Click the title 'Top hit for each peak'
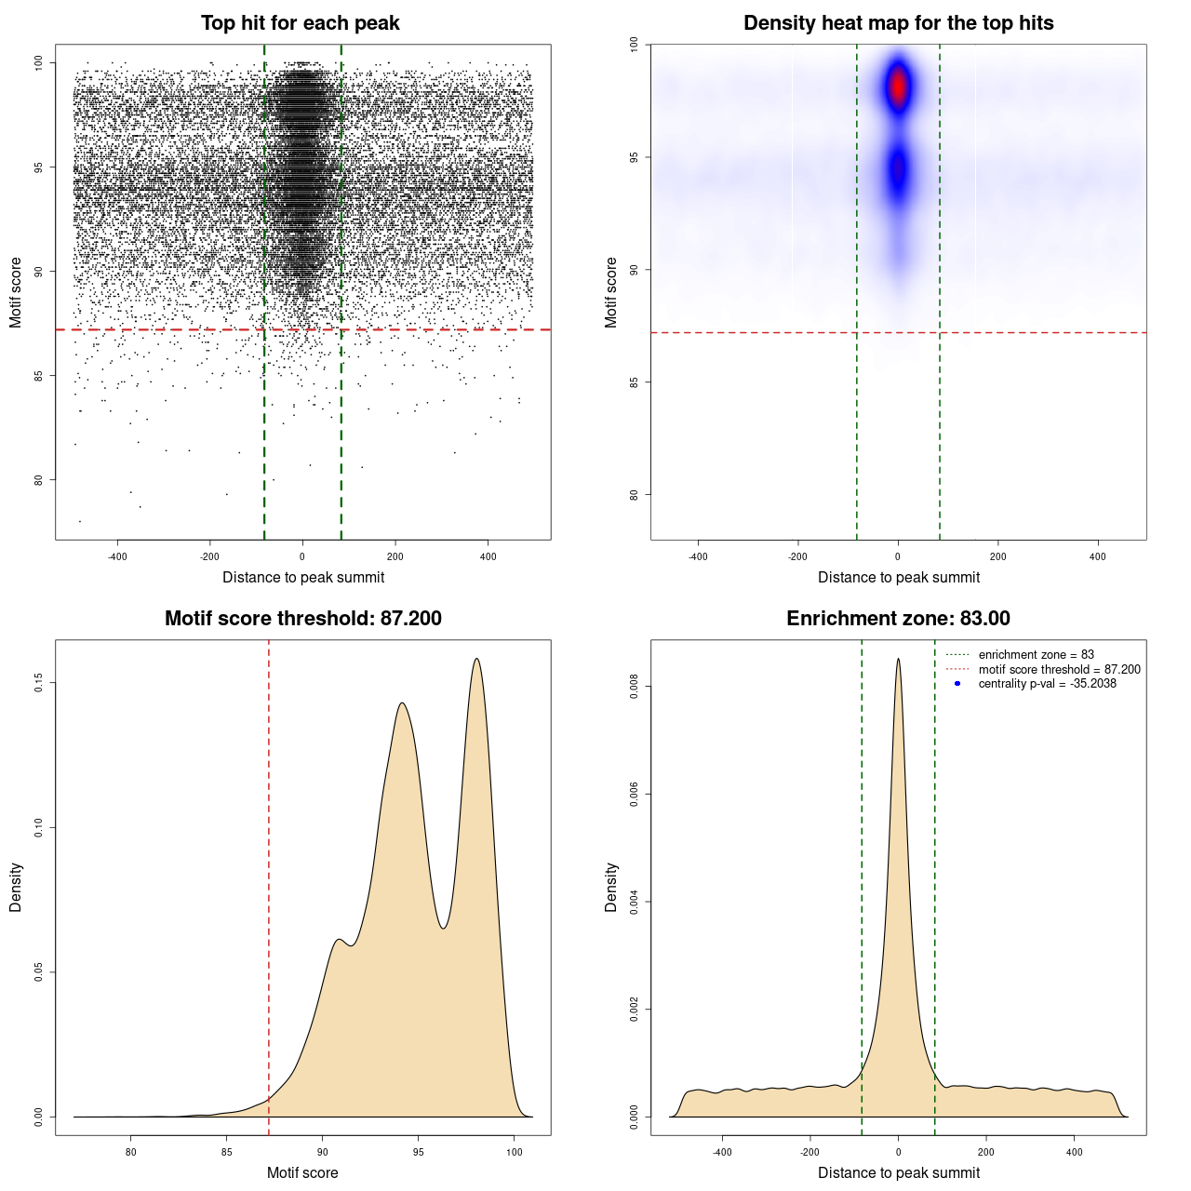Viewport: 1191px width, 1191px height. pos(300,23)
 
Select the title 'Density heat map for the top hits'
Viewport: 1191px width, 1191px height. pos(898,23)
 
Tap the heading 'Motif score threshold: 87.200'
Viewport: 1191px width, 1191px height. pos(302,619)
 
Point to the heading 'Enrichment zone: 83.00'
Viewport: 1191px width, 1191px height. pos(898,619)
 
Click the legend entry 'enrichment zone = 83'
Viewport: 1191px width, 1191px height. pos(1036,655)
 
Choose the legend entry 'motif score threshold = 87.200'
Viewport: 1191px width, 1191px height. pos(1059,670)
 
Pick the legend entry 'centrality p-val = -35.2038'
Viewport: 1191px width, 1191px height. pos(1047,684)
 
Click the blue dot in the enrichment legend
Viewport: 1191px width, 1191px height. pos(957,684)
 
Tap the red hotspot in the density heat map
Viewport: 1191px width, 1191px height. pos(898,87)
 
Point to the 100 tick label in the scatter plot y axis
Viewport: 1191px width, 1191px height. pos(39,62)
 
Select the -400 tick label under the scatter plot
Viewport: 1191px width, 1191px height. pos(117,556)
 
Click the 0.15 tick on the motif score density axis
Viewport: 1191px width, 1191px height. pos(39,683)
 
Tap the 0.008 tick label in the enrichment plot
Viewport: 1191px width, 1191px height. pos(635,687)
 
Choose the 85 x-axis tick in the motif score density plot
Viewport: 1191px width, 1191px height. pos(226,1152)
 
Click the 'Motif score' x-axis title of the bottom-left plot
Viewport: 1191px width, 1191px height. pos(302,1172)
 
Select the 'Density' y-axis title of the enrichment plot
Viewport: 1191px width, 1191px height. pos(611,887)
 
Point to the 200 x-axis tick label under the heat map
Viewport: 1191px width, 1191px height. pos(997,556)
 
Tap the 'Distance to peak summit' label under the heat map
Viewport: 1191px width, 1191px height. pos(898,577)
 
